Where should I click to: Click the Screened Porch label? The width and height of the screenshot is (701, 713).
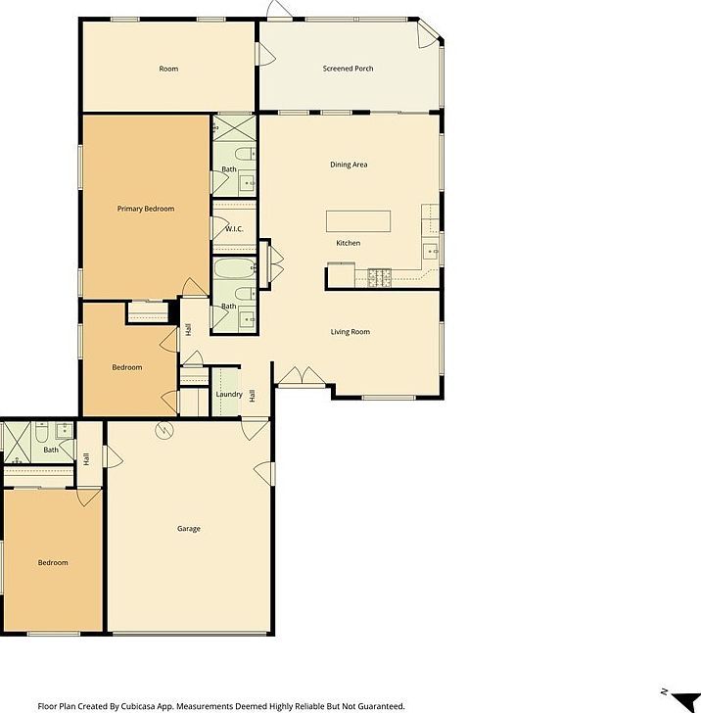click(x=348, y=69)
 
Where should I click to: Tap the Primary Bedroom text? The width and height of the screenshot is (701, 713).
click(x=145, y=209)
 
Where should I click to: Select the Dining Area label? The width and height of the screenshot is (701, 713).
click(x=348, y=165)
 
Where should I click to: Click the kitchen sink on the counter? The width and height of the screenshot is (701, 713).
click(x=430, y=251)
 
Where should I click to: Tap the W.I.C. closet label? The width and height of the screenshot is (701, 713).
click(x=234, y=229)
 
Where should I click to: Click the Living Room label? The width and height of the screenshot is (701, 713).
click(x=350, y=332)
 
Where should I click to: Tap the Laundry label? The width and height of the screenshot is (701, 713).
click(x=229, y=395)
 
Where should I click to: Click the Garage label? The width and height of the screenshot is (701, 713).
click(x=189, y=529)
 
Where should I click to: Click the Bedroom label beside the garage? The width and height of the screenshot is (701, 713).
click(x=53, y=563)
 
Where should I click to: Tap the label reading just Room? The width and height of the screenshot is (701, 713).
click(x=168, y=69)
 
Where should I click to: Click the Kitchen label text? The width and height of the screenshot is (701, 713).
click(x=348, y=243)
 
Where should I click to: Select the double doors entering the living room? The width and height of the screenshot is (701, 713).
click(x=299, y=376)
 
